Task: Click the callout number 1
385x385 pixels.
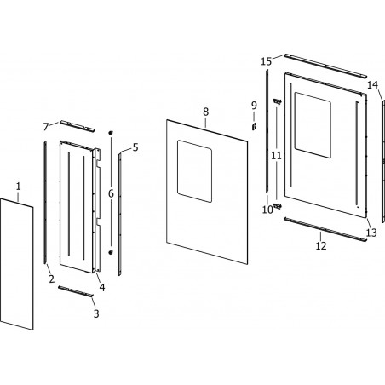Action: coord(18,187)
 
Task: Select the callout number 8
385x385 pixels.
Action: coord(206,112)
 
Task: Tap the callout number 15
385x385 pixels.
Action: coord(267,61)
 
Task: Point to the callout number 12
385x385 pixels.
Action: coord(321,246)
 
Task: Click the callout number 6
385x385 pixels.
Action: coord(111,193)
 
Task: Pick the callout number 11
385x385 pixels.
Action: coord(276,156)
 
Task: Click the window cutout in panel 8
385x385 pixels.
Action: coord(194,171)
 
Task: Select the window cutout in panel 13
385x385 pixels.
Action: coord(313,125)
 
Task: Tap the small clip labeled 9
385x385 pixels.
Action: coord(254,126)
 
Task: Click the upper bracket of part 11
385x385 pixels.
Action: coord(277,101)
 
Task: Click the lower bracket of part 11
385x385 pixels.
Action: coord(277,206)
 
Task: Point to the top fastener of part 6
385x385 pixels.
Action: coord(111,132)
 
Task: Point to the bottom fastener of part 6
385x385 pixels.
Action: coord(111,252)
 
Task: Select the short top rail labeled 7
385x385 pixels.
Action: coord(77,126)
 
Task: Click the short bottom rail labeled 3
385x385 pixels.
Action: coord(76,291)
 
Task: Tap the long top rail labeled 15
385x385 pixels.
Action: coord(325,66)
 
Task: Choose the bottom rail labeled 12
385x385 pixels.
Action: coord(325,229)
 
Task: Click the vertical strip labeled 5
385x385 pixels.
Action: coord(119,214)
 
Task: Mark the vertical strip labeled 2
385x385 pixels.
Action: coord(45,202)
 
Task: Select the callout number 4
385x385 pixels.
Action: coord(102,287)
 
